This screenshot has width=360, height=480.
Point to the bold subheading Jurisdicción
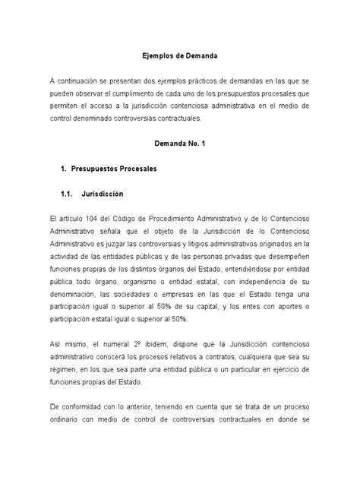109,194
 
